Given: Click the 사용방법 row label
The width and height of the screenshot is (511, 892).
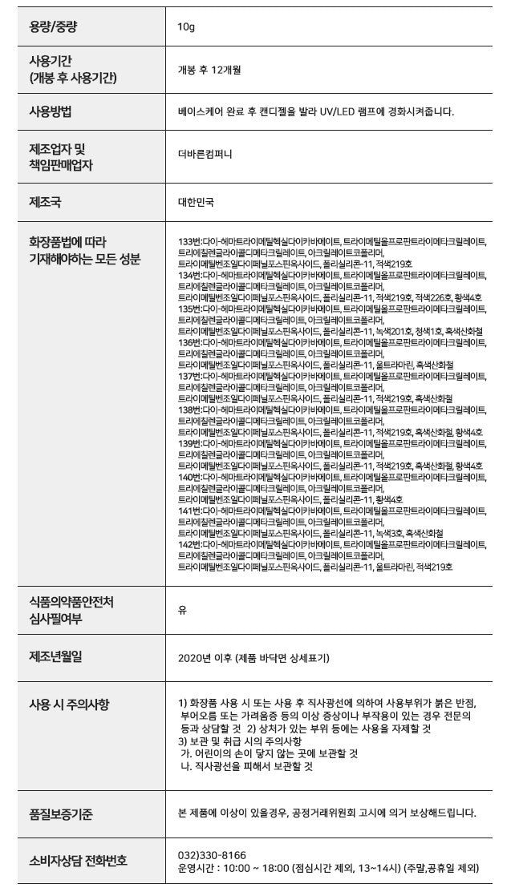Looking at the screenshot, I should tap(51, 111).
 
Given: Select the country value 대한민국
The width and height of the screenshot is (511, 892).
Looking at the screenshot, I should tap(196, 203).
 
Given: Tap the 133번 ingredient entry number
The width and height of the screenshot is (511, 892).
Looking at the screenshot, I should tap(189, 241).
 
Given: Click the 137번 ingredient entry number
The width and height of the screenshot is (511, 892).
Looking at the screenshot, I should tap(189, 376).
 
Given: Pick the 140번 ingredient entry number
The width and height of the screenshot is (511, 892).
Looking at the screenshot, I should tap(189, 477).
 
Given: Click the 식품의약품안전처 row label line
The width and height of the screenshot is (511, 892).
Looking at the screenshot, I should tap(71, 602).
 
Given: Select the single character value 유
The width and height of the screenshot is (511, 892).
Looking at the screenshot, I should tap(182, 610).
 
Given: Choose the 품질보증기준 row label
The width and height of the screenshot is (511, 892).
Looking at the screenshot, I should tap(60, 814).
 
